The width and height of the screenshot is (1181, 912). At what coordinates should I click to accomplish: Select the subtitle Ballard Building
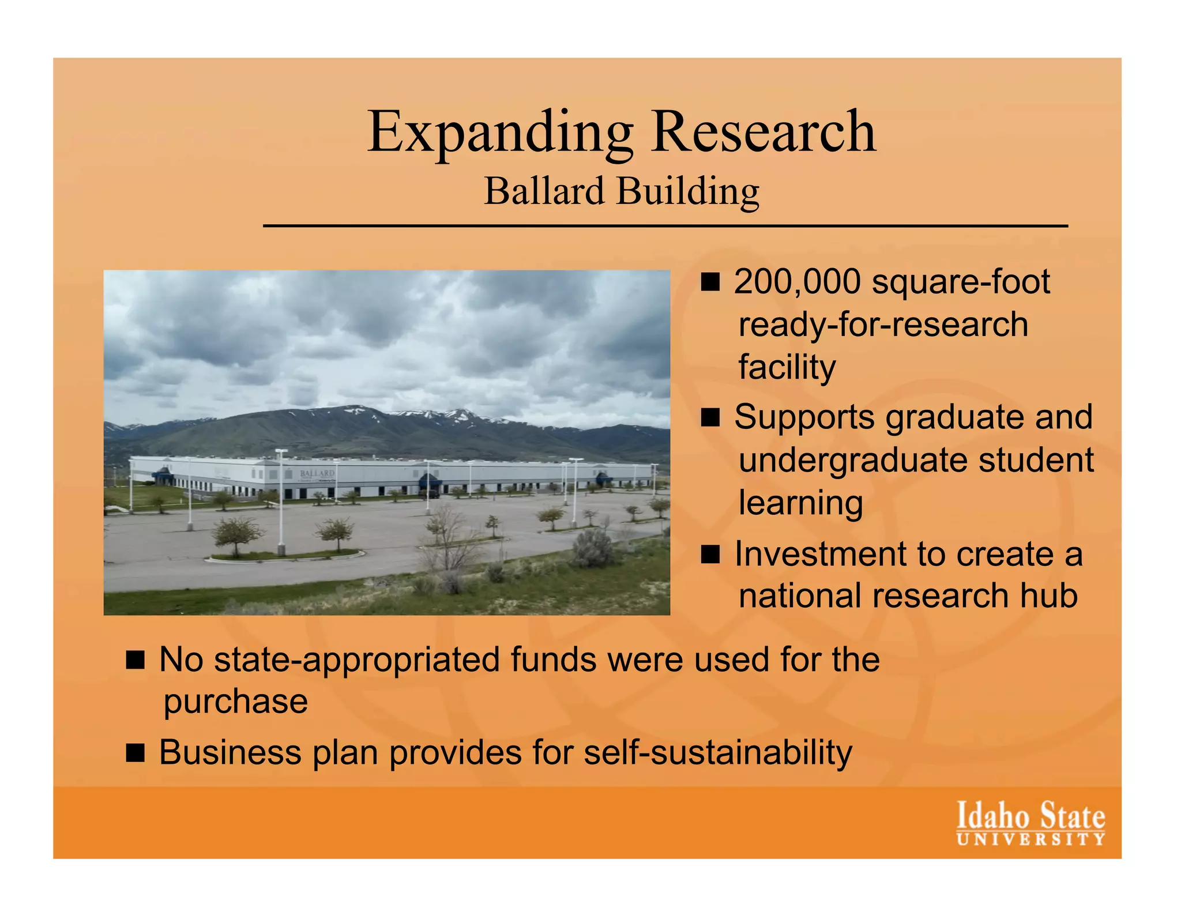[622, 191]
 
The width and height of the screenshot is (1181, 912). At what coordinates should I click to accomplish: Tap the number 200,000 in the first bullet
[798, 282]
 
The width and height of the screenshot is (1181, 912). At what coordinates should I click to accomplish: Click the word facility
[787, 367]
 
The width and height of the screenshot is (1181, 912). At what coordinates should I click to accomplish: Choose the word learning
[800, 503]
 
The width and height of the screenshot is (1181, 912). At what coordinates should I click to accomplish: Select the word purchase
[235, 702]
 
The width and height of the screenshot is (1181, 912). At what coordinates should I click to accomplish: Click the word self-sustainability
[718, 752]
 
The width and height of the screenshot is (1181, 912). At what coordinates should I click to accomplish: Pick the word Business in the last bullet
[230, 752]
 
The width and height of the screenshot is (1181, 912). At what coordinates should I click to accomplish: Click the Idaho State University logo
[1030, 823]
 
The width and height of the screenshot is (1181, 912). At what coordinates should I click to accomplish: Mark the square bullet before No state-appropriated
[135, 660]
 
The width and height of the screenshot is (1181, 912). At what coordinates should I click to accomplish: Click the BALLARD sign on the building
[317, 473]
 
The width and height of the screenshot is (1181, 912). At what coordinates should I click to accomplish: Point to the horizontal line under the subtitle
[665, 226]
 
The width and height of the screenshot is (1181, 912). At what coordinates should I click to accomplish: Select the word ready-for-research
[883, 325]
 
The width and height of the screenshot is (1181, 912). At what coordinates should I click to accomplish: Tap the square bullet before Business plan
[135, 753]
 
